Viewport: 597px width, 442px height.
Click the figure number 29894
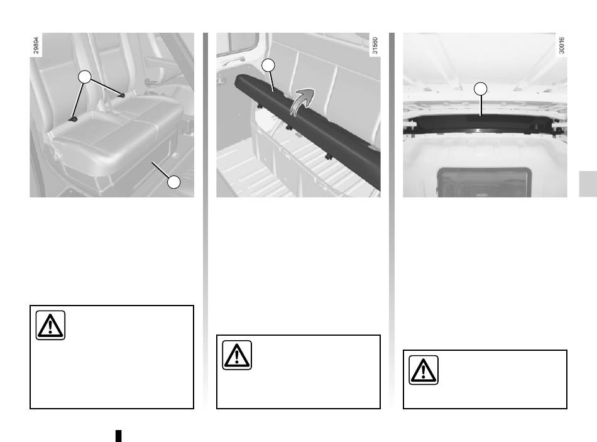[36, 45]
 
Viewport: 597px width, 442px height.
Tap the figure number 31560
[375, 45]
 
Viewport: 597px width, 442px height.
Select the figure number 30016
[561, 45]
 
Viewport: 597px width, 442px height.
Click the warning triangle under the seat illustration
[50, 325]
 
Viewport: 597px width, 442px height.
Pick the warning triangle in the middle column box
[237, 355]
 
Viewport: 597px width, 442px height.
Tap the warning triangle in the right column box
[424, 370]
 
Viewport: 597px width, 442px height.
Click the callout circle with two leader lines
[85, 77]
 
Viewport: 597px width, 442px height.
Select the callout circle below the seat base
[174, 182]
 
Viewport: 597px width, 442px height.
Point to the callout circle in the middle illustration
[268, 65]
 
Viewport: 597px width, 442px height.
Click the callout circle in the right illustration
[481, 89]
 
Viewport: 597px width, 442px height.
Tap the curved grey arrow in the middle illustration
[302, 101]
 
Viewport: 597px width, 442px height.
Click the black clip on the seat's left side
[73, 119]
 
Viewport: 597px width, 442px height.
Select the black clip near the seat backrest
[122, 95]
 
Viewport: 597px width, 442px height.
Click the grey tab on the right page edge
[588, 184]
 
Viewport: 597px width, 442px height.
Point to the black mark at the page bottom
[118, 436]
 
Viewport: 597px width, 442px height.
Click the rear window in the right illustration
[485, 183]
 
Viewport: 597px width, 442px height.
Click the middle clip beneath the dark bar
[289, 126]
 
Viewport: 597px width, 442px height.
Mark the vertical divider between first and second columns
[205, 221]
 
